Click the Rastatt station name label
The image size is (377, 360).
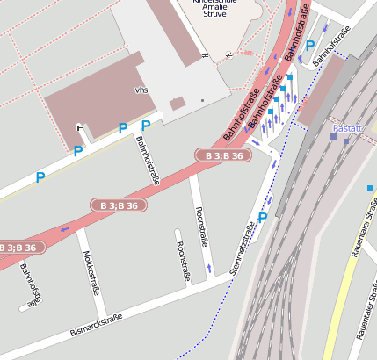click(348, 128)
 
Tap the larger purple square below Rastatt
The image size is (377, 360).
click(334, 136)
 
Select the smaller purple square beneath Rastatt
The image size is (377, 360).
click(346, 141)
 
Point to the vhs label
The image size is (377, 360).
click(141, 90)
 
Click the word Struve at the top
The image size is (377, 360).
click(214, 14)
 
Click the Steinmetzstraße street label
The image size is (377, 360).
click(243, 248)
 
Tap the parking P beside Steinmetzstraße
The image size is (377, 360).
click(263, 217)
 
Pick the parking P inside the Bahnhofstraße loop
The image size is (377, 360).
click(309, 46)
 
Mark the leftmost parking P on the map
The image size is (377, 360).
click(40, 177)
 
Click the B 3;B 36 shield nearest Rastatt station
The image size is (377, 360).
click(223, 155)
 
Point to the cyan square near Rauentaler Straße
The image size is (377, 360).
click(370, 187)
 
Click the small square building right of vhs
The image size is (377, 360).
click(178, 103)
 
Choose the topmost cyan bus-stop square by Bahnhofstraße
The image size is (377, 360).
click(290, 78)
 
